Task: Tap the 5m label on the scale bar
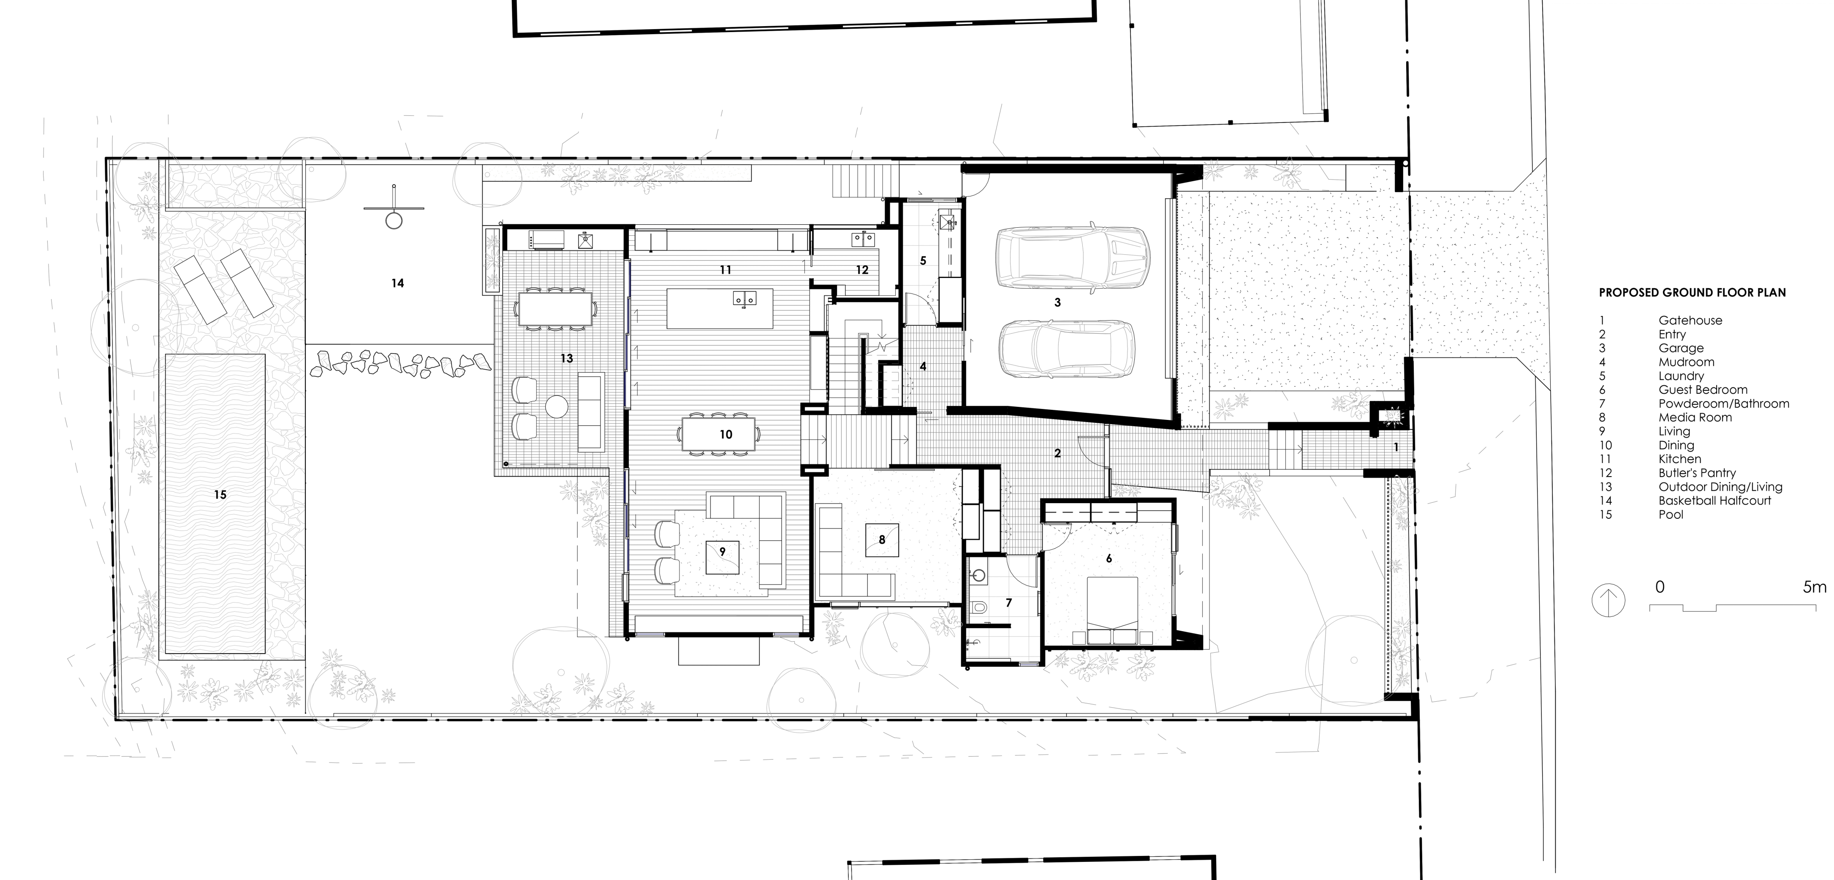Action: point(1814,587)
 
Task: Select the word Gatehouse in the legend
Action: point(1690,320)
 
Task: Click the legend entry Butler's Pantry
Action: point(1697,473)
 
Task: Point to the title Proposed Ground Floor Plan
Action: point(1692,293)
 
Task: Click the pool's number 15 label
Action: point(220,495)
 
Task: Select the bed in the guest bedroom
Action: point(1112,611)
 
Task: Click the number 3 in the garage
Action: point(1057,302)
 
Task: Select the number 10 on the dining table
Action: point(725,434)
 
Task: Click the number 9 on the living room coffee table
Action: point(722,551)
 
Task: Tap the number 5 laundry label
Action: point(923,261)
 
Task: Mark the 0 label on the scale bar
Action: point(1660,587)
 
